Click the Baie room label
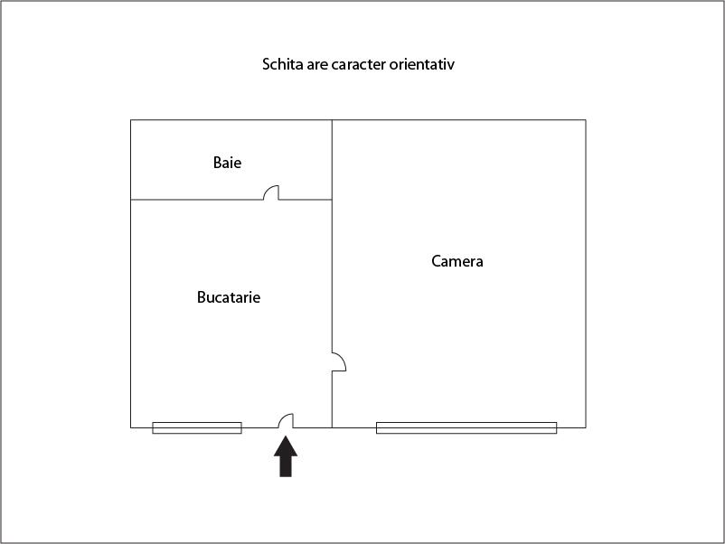[x=228, y=164]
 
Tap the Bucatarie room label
[x=229, y=297]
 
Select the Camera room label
[x=457, y=262]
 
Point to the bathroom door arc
[x=270, y=192]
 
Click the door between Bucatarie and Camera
[x=339, y=361]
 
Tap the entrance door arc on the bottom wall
[x=286, y=420]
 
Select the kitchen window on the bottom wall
[x=197, y=427]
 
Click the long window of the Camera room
[x=466, y=427]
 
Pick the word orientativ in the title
[x=432, y=65]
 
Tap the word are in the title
[x=317, y=65]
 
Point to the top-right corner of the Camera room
[x=585, y=120]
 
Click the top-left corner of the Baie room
[x=131, y=120]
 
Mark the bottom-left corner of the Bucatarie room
[x=131, y=427]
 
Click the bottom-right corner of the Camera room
[x=585, y=427]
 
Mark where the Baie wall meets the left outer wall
[x=131, y=199]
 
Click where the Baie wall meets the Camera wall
[x=332, y=199]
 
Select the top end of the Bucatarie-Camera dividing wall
[x=332, y=120]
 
